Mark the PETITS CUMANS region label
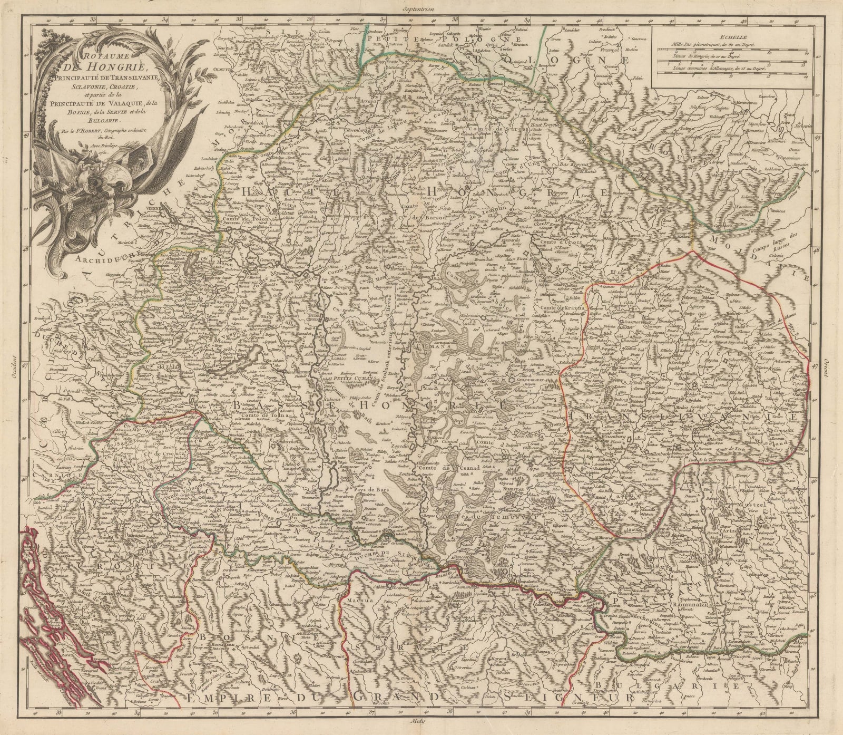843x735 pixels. point(359,378)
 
